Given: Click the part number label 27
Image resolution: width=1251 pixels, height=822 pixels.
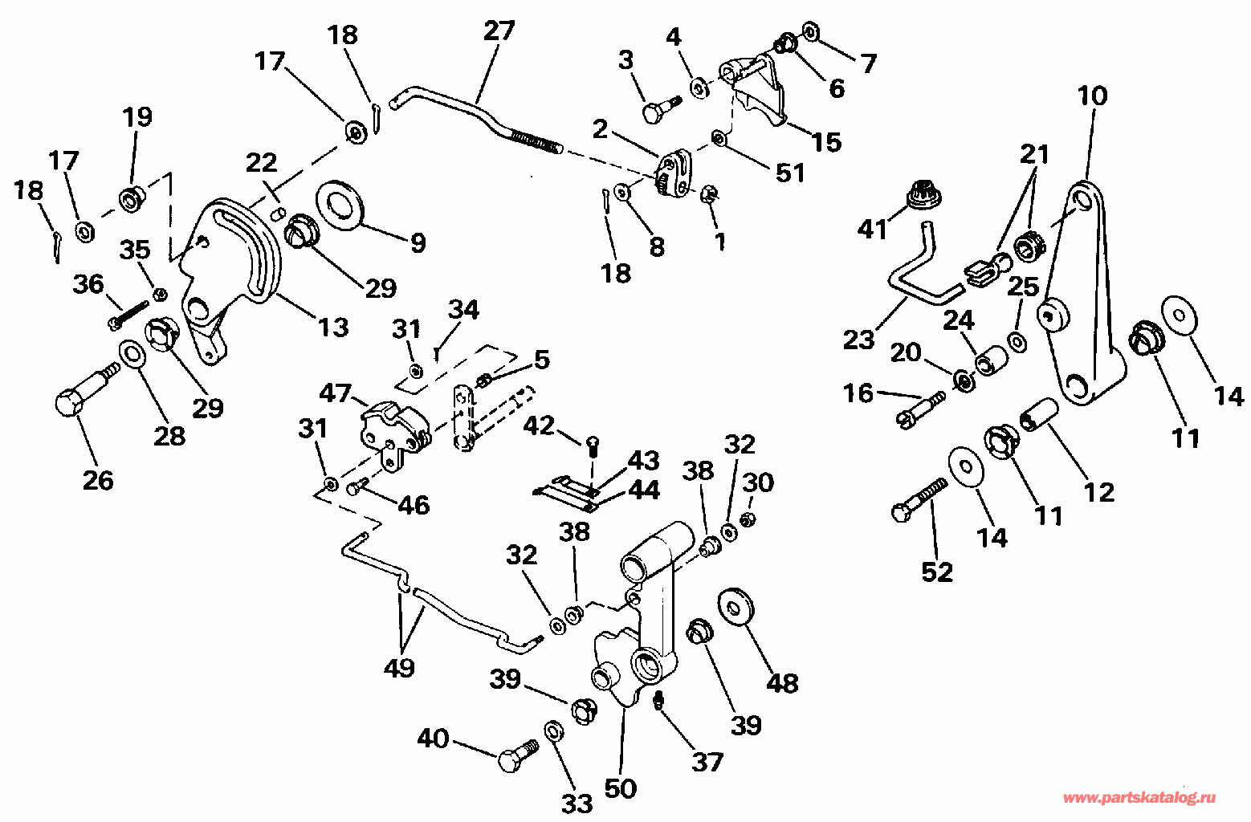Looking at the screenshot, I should (499, 31).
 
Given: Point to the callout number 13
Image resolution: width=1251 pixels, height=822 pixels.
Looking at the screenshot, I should (333, 327).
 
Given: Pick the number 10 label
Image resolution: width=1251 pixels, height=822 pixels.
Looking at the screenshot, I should (1092, 96).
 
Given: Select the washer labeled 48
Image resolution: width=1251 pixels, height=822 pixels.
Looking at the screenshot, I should (733, 605).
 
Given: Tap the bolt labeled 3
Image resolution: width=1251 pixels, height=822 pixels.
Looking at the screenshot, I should (658, 108).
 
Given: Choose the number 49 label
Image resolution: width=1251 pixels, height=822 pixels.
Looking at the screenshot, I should (399, 666).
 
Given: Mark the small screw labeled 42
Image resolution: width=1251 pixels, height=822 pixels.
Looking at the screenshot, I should (592, 444).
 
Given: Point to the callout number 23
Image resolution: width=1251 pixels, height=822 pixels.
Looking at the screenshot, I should (858, 340).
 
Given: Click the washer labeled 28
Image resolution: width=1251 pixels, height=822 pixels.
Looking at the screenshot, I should (132, 353).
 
